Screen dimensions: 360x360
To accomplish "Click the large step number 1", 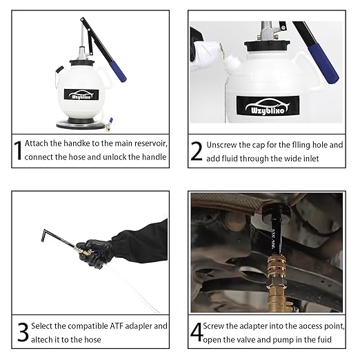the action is click(x=18, y=150).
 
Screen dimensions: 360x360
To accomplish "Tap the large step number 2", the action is click(x=197, y=151).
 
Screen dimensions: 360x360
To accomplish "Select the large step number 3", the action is click(x=23, y=332).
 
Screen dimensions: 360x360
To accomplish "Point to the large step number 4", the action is click(x=197, y=332).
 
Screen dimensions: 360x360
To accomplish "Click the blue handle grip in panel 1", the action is click(x=118, y=71).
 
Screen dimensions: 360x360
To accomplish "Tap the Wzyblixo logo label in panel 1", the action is click(x=81, y=94).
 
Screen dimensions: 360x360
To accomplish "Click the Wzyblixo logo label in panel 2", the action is click(x=268, y=106).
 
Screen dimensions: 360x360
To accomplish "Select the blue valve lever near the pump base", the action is click(x=111, y=121).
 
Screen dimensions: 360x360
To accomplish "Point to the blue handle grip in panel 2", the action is click(x=323, y=63).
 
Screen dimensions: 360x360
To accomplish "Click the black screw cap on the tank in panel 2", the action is click(x=267, y=46).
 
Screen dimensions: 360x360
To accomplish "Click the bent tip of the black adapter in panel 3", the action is click(x=43, y=235).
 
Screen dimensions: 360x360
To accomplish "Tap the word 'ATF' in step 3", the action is click(x=116, y=326).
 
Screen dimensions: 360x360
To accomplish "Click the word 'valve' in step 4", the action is click(x=246, y=339).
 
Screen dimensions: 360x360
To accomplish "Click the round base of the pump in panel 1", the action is click(x=79, y=125).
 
